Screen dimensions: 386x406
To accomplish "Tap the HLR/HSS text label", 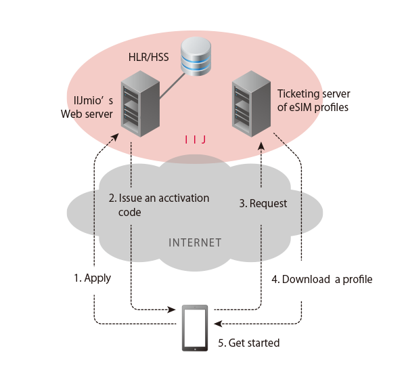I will pyautogui.click(x=148, y=58).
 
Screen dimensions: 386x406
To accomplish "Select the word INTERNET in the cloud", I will pyautogui.click(x=195, y=242).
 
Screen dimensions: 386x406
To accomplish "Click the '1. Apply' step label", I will pyautogui.click(x=93, y=278).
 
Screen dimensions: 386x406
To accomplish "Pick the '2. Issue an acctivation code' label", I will pyautogui.click(x=159, y=205).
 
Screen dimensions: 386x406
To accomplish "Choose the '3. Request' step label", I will pyautogui.click(x=265, y=203).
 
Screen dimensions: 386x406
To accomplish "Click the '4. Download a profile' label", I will pyautogui.click(x=322, y=279).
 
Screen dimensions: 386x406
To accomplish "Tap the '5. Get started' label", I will pyautogui.click(x=248, y=343).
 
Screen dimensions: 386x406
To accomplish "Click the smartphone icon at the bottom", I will pyautogui.click(x=195, y=328).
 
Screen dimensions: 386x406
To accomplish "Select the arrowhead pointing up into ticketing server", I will pyautogui.click(x=261, y=145).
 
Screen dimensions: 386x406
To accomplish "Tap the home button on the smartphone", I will pyautogui.click(x=195, y=347).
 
